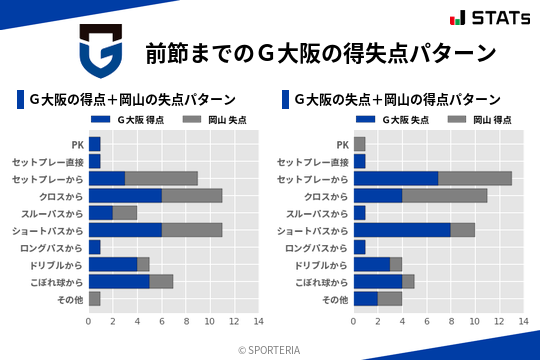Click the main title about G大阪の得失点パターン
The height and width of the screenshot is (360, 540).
(320, 52)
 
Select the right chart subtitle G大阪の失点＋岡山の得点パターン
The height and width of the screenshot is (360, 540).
(397, 99)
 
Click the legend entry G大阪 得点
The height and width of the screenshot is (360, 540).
(122, 120)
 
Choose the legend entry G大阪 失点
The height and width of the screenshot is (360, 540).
(387, 120)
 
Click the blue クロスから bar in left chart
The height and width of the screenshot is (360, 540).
(125, 196)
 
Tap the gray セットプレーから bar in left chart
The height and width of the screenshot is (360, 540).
(161, 178)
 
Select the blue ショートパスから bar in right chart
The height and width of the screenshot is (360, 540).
(402, 230)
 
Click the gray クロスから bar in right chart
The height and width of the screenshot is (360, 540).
(444, 196)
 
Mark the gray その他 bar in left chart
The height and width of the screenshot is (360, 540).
(95, 299)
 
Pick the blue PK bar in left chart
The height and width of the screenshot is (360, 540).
(95, 144)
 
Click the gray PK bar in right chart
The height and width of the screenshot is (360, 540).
(360, 144)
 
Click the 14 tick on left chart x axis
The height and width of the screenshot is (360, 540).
(258, 322)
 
